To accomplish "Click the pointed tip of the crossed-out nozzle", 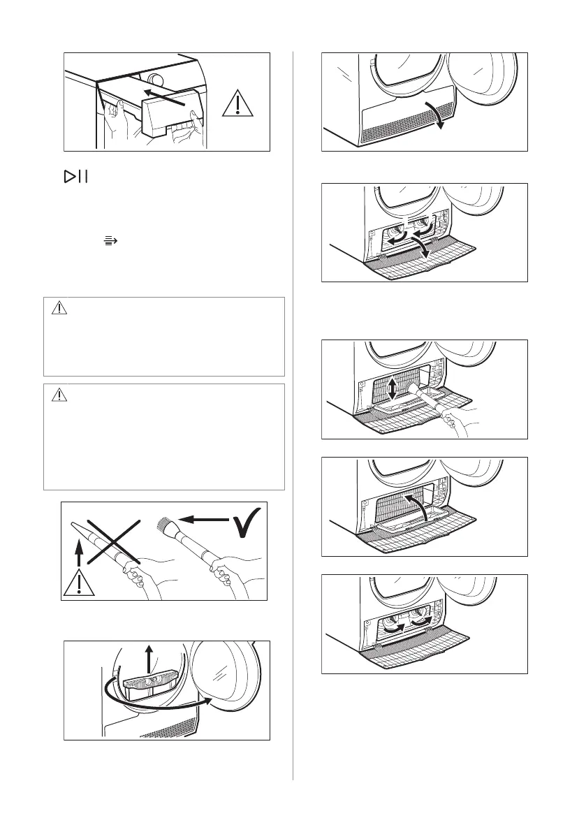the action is (x=74, y=524).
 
